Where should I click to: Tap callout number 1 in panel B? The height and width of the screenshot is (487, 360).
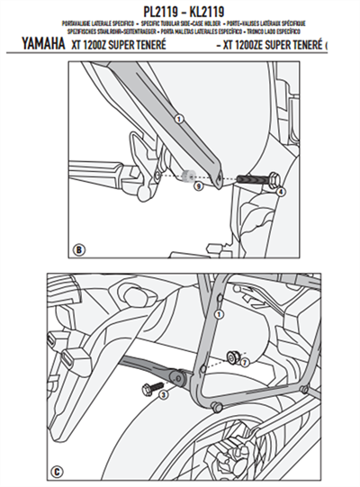click(178, 119)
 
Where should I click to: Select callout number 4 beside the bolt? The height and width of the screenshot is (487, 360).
click(280, 191)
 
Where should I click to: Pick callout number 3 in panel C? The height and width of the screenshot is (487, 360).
click(163, 394)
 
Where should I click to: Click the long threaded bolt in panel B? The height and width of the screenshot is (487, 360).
click(256, 181)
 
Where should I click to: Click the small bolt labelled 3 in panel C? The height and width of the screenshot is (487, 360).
click(148, 387)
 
